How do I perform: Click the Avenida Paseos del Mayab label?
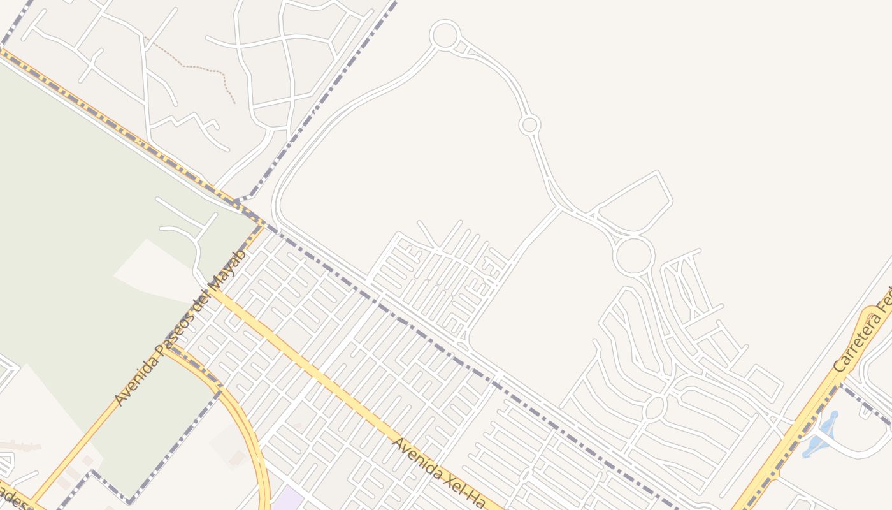[x=180, y=328]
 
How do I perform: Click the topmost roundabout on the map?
[x=445, y=34]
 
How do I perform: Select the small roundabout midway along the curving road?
[x=529, y=124]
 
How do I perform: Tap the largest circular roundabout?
[x=634, y=255]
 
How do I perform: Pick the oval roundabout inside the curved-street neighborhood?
[x=654, y=407]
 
